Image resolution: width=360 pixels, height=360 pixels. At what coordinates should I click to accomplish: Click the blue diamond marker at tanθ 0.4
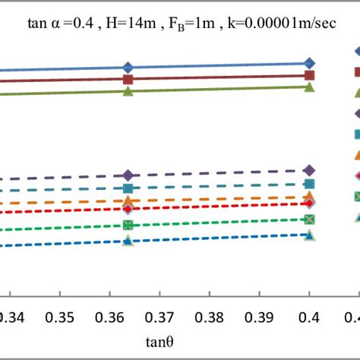point(309,63)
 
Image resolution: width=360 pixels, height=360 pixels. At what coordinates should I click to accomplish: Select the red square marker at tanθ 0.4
point(309,75)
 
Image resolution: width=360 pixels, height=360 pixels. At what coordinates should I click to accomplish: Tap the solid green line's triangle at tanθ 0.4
point(309,87)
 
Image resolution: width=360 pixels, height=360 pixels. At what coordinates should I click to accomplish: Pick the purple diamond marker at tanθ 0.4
point(309,170)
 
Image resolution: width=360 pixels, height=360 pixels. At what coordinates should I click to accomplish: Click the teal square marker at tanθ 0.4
point(309,184)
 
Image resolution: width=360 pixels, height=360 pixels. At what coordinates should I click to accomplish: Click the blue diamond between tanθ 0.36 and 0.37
point(128,67)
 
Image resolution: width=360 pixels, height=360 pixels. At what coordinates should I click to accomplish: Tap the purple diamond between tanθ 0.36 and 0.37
point(128,175)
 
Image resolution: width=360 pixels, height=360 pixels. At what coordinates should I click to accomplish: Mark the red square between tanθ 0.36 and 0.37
point(128,79)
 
